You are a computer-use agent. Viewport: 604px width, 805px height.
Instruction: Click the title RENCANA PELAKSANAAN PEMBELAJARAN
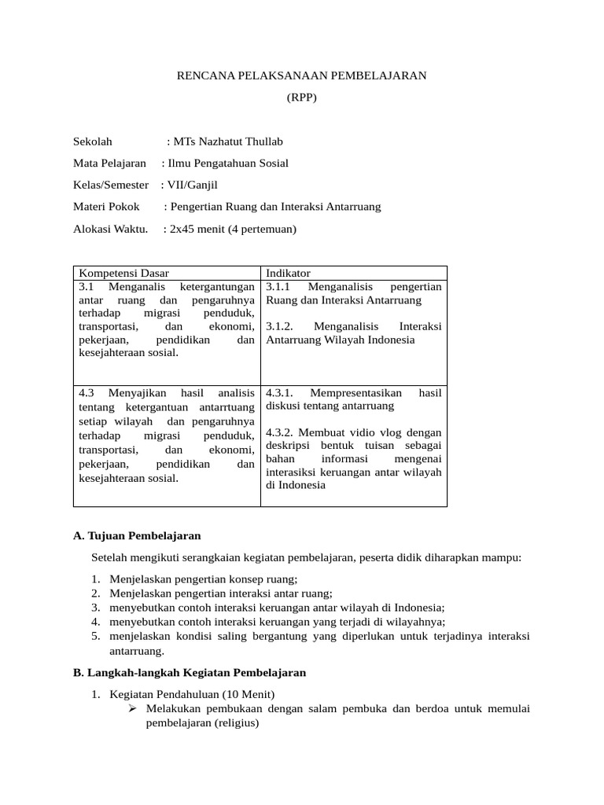pos(301,75)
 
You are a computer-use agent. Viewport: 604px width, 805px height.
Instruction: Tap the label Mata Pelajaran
pos(109,164)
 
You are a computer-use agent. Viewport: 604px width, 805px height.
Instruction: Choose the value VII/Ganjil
pos(191,185)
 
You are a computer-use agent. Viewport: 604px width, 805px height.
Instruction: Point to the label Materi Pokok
pos(106,207)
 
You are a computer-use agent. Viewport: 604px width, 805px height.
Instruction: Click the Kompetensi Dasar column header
pos(123,273)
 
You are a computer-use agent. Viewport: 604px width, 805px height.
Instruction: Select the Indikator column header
pos(289,273)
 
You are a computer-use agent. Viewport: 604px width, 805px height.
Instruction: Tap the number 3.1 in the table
pos(87,287)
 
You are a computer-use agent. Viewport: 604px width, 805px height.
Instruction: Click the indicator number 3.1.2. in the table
pos(279,326)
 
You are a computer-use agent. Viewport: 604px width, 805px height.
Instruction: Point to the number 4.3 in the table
pos(87,392)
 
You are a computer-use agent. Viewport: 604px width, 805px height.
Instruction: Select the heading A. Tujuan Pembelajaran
pos(137,535)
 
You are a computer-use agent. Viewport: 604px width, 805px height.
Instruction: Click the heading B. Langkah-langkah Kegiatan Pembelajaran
pos(189,673)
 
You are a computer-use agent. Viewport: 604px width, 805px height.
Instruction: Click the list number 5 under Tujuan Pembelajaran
pos(94,636)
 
